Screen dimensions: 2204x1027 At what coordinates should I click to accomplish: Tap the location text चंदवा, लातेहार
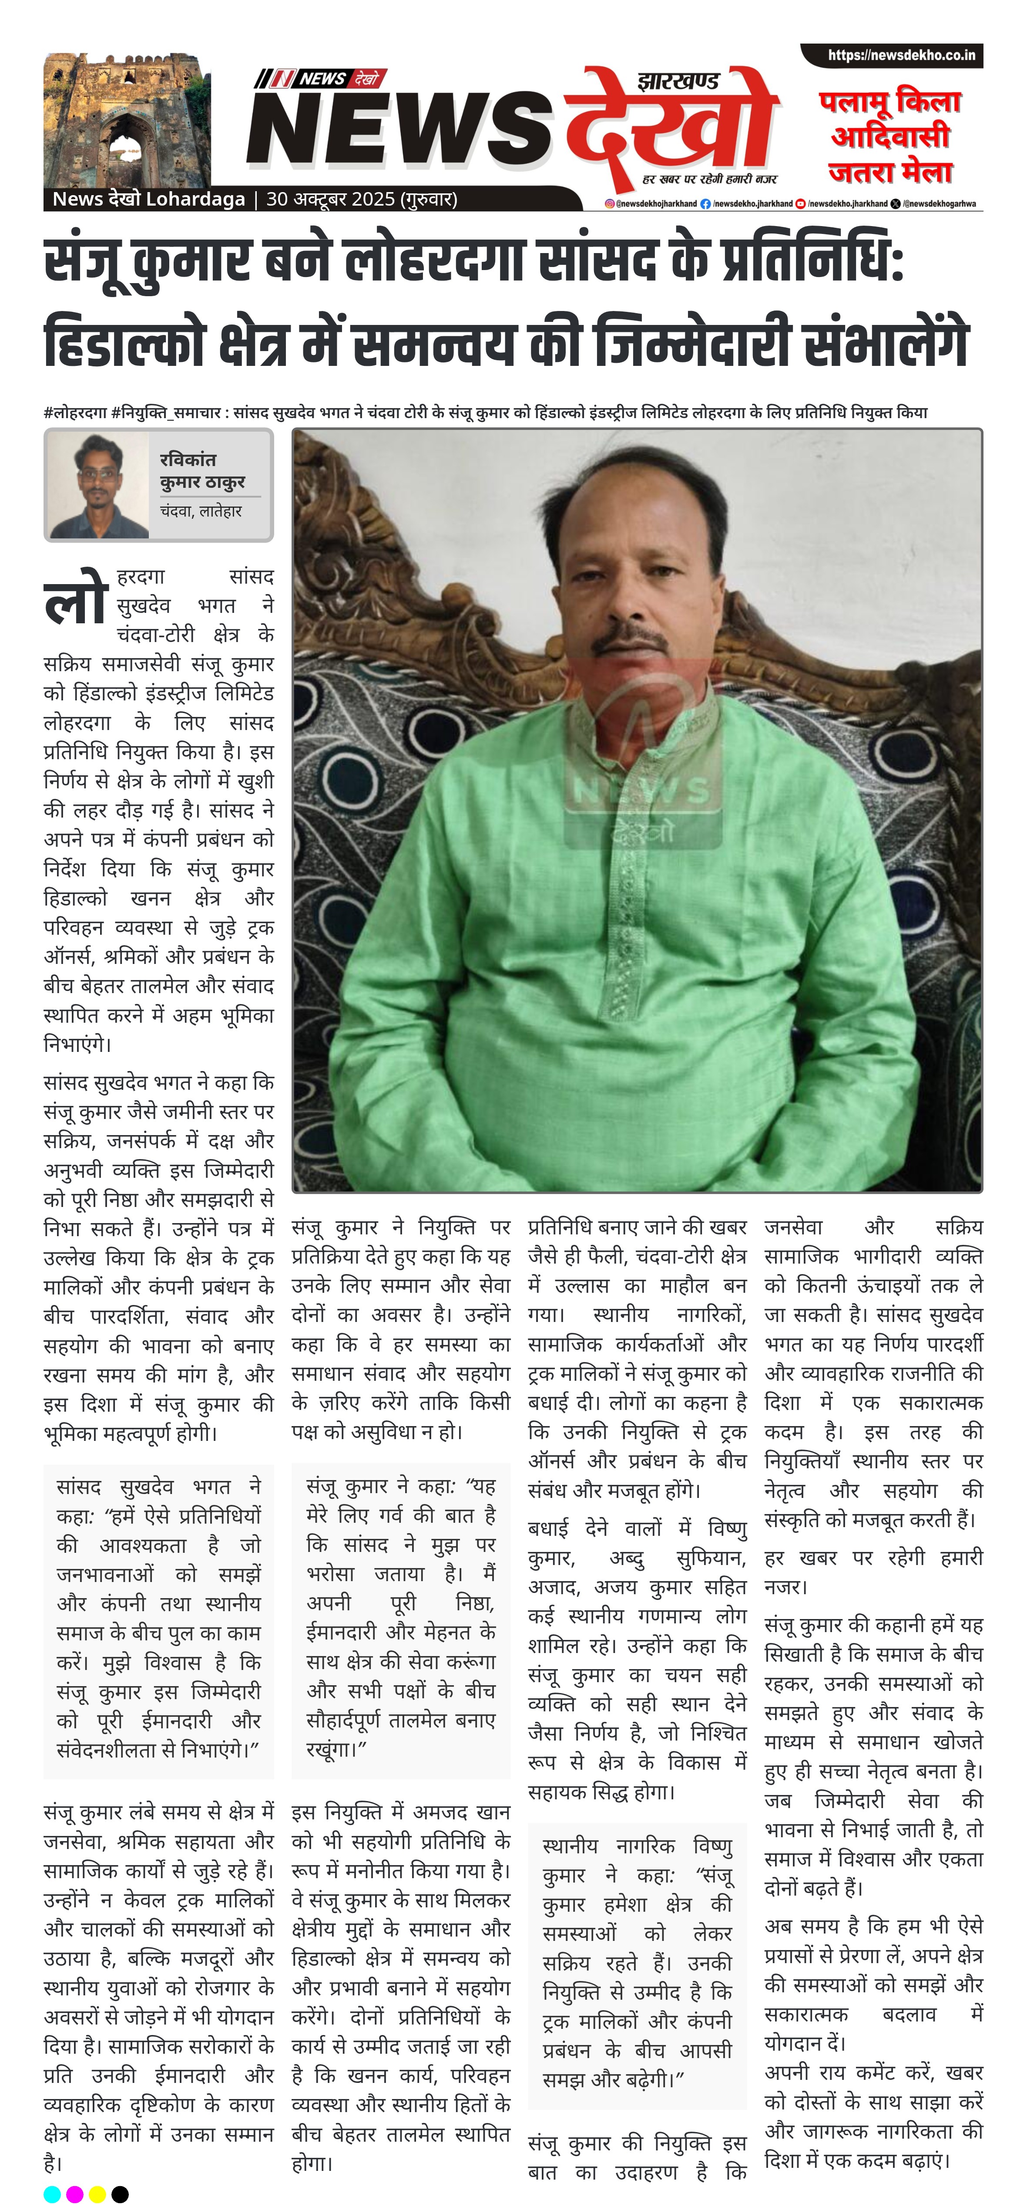[201, 511]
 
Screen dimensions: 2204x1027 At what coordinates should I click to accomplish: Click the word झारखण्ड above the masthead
[678, 81]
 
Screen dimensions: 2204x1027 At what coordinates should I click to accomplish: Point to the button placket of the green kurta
[634, 898]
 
